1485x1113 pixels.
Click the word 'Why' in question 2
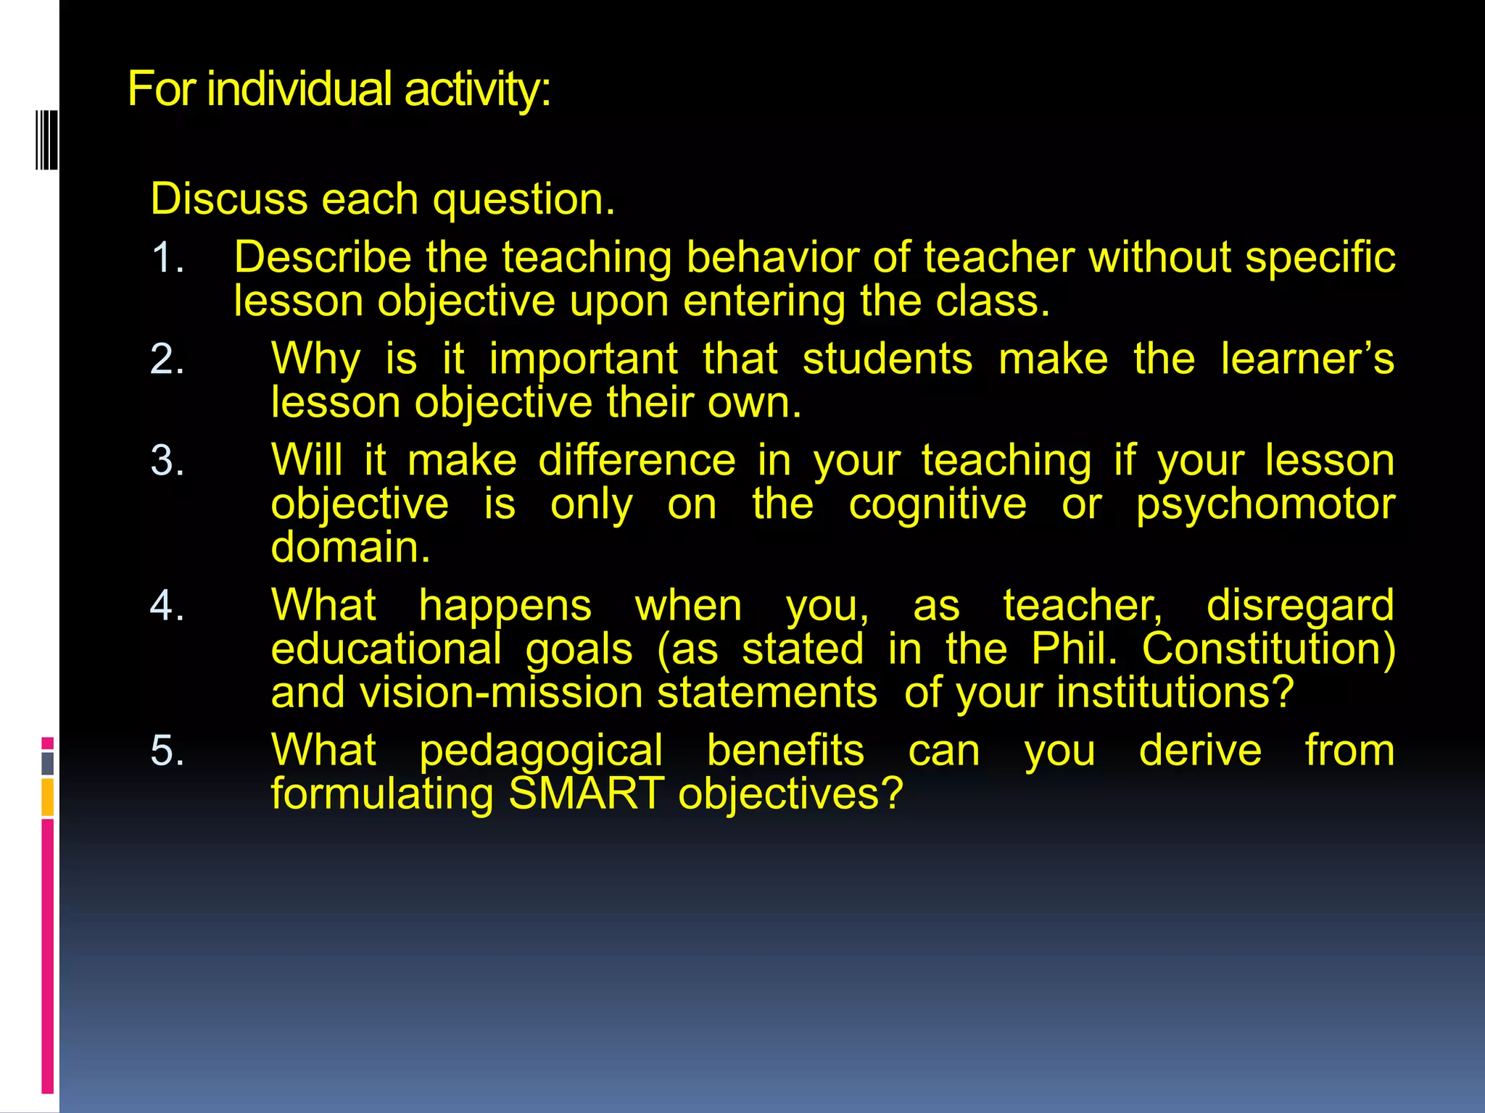(315, 360)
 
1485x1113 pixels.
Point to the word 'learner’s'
(1307, 359)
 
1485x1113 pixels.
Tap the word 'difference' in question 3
(637, 461)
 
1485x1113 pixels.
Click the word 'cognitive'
(938, 505)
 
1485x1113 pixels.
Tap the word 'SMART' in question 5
(586, 794)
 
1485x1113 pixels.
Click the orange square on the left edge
(47, 797)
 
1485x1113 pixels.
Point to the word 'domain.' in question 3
(350, 548)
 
